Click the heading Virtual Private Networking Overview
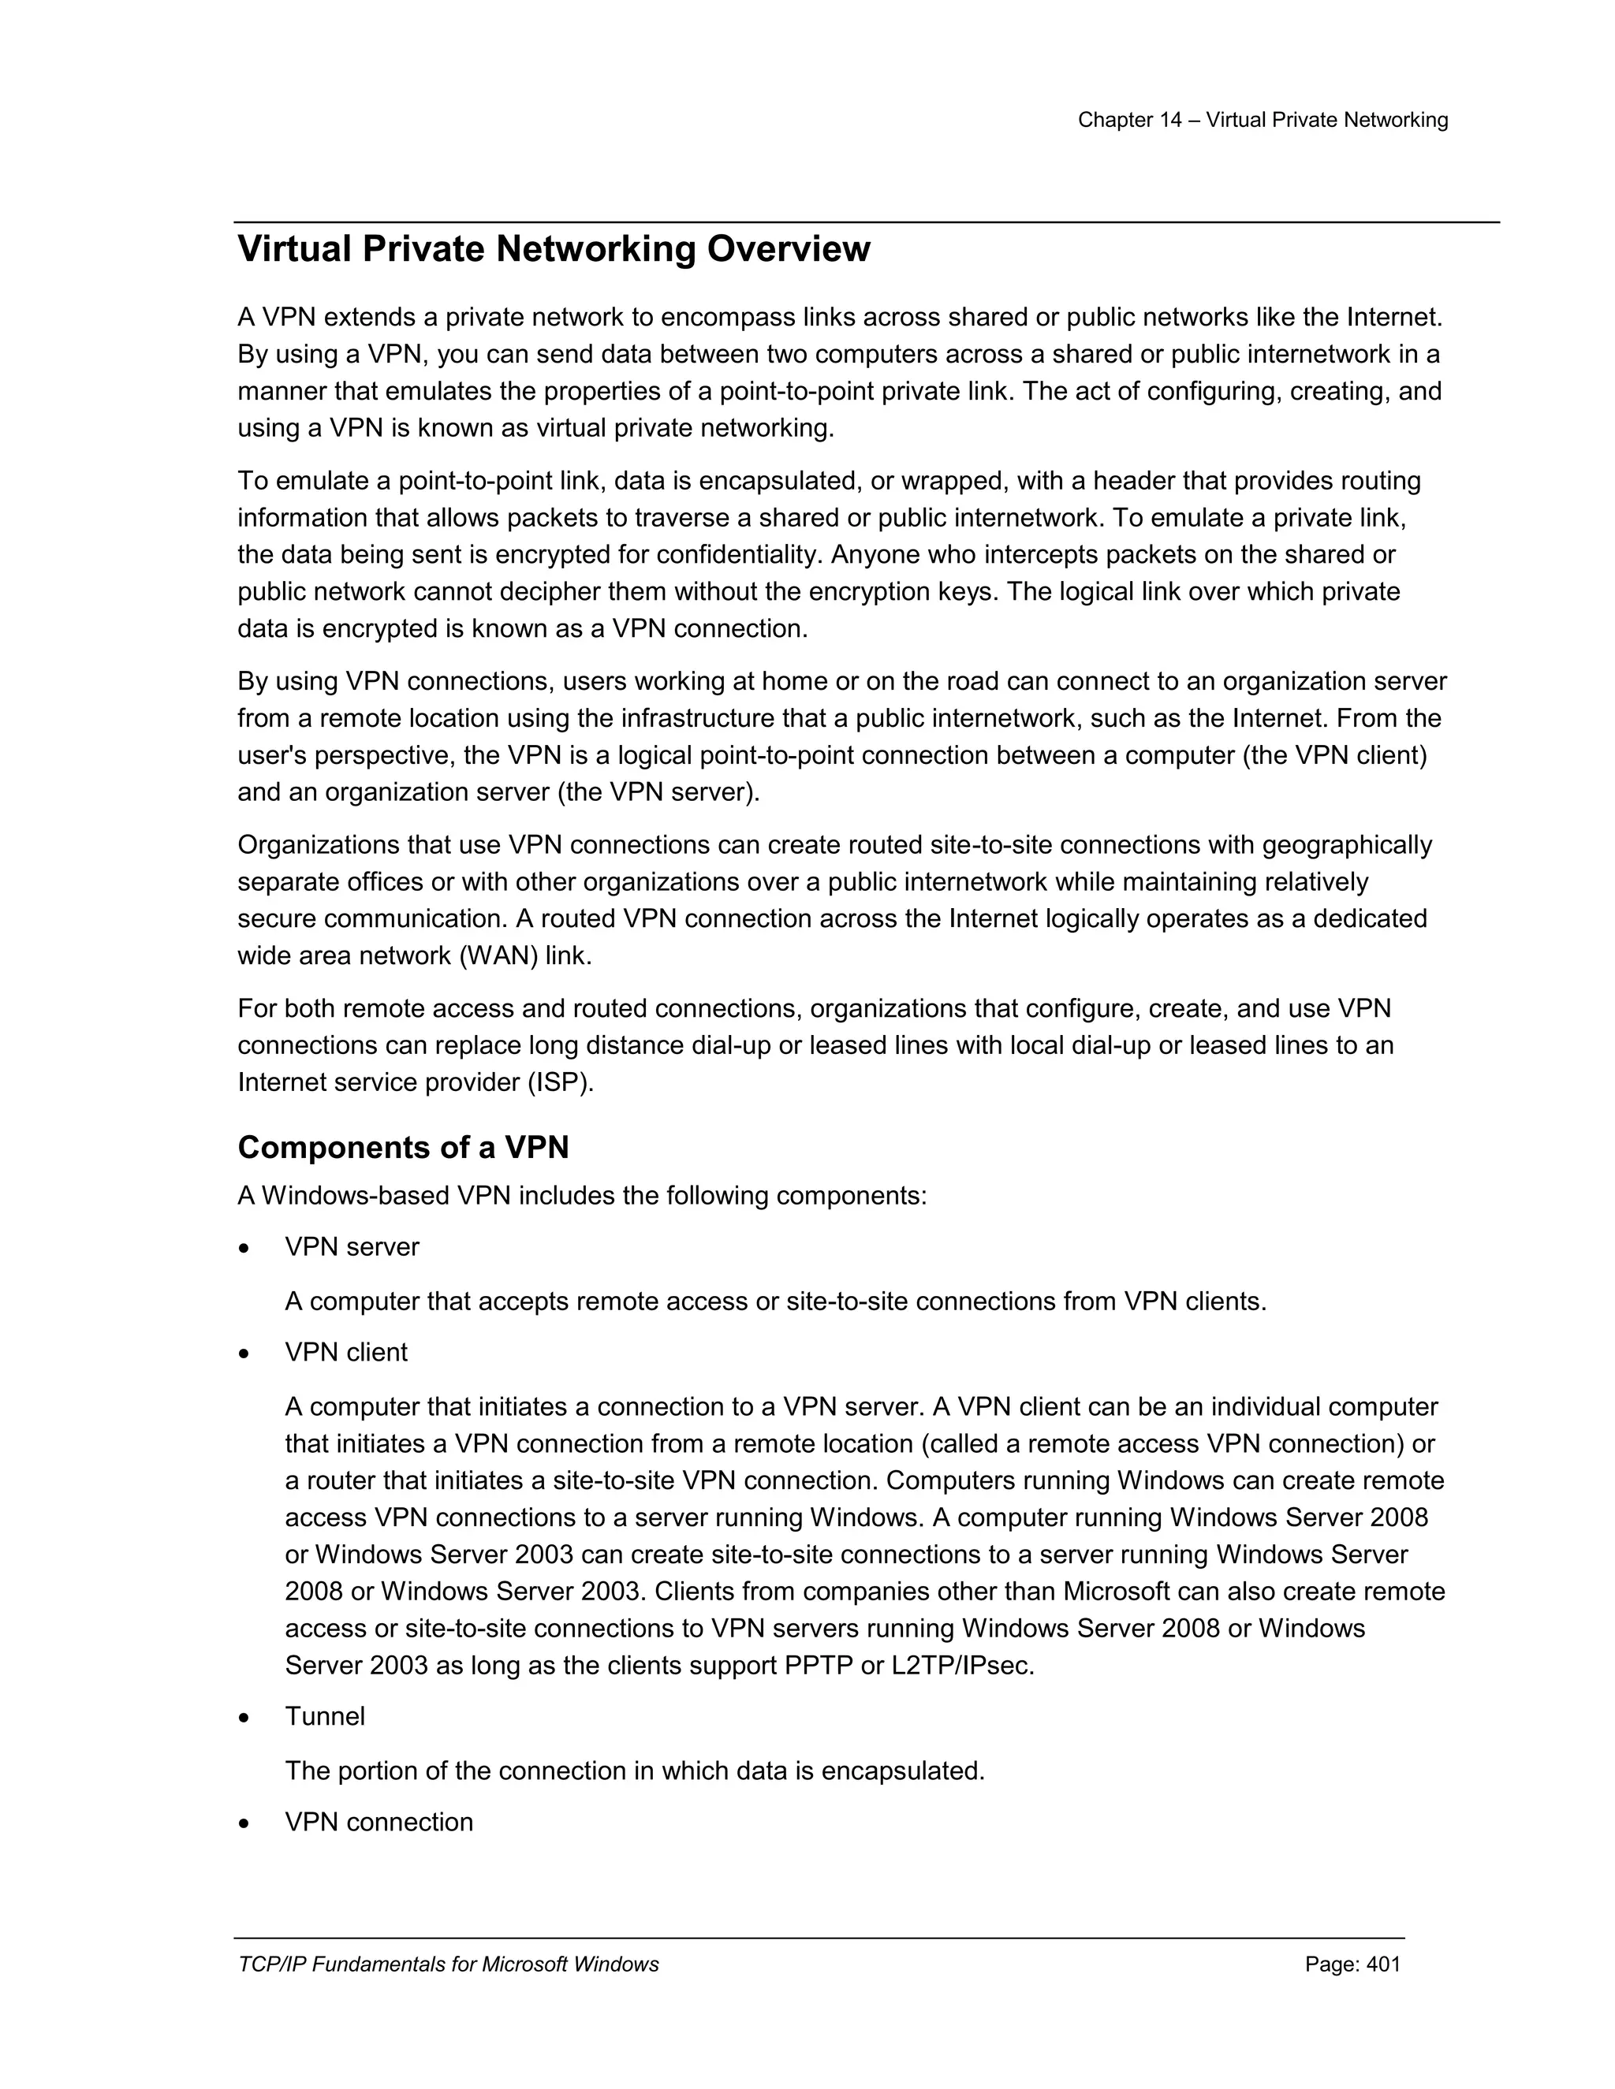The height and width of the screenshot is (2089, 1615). click(553, 250)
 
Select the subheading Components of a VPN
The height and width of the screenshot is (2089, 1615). click(403, 1147)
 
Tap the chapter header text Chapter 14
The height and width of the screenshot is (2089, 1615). click(1130, 120)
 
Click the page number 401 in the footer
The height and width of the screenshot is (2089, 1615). click(1382, 1964)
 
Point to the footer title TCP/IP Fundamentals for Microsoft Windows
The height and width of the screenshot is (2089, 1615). click(448, 1964)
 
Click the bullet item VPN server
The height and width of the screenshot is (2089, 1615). click(351, 1247)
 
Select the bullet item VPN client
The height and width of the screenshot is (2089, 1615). click(345, 1353)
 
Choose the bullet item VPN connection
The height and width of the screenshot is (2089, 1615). click(378, 1822)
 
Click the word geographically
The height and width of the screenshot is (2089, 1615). click(1347, 846)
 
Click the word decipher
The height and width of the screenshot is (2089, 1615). click(543, 592)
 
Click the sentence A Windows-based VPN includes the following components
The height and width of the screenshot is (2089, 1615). click(582, 1196)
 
